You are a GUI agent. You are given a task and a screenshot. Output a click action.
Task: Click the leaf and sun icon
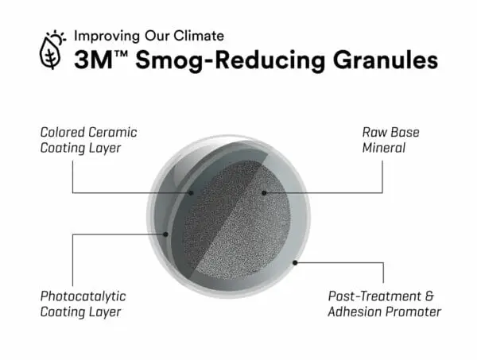pos(52,49)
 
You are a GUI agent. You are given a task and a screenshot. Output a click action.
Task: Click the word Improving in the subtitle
pos(107,37)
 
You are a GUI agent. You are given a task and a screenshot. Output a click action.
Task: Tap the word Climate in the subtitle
pos(199,36)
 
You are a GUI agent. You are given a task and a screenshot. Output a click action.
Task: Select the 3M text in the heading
pos(93,60)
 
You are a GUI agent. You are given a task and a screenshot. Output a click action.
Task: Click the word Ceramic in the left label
pos(113,132)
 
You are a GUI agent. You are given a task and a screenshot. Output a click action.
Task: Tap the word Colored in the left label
pos(62,132)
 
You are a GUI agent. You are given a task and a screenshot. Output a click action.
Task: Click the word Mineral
pos(384,148)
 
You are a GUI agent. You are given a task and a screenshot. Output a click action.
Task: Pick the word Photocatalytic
pos(83,296)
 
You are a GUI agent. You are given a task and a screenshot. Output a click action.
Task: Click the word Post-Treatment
pos(374,296)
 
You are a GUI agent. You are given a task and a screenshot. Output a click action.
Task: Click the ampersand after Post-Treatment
pos(429,296)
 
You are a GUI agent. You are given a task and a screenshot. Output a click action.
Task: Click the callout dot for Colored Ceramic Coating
pos(191,193)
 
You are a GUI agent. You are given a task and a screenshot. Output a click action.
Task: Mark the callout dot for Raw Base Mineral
pos(264,193)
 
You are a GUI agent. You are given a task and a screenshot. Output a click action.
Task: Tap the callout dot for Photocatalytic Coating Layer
pos(165,234)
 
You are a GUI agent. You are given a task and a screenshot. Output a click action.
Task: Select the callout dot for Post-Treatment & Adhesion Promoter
pos(294,263)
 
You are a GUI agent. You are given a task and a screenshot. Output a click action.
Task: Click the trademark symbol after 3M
pos(121,54)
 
